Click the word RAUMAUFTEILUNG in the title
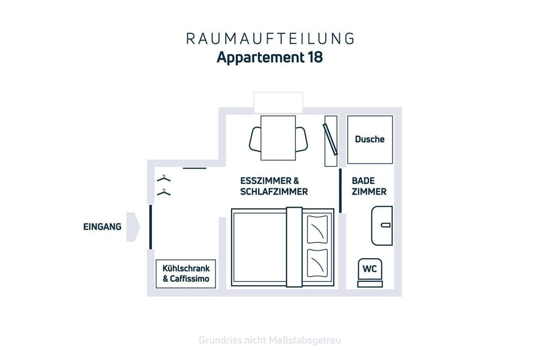pyautogui.click(x=270, y=39)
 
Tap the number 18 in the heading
pyautogui.click(x=316, y=57)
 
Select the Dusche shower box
pyautogui.click(x=370, y=139)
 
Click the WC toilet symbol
pyautogui.click(x=370, y=272)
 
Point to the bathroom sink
pyautogui.click(x=382, y=226)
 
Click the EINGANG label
pyautogui.click(x=102, y=227)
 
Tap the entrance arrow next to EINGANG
pyautogui.click(x=133, y=227)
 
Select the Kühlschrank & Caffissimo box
pyautogui.click(x=186, y=274)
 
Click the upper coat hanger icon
pyautogui.click(x=164, y=178)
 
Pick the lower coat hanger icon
pyautogui.click(x=164, y=192)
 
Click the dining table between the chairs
pyautogui.click(x=278, y=138)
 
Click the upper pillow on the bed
pyautogui.click(x=317, y=229)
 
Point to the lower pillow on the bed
pyautogui.click(x=317, y=263)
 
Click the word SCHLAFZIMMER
pyautogui.click(x=274, y=192)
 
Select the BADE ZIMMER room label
pyautogui.click(x=369, y=186)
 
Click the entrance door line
pyautogui.click(x=151, y=227)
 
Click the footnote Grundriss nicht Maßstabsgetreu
pyautogui.click(x=270, y=340)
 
